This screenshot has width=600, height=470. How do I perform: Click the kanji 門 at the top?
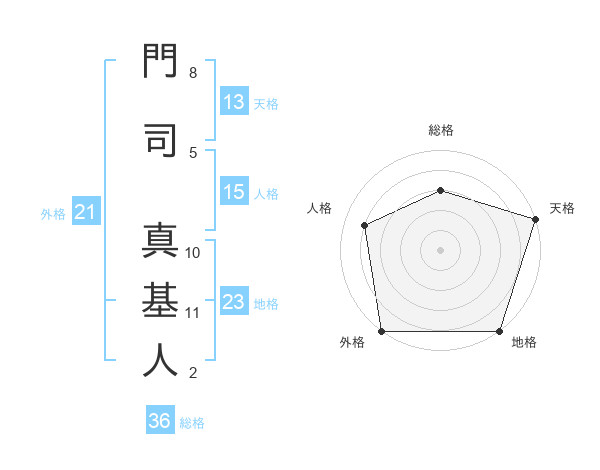point(160,60)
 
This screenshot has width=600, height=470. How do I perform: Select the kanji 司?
point(160,140)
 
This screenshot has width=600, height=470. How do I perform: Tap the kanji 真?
point(160,240)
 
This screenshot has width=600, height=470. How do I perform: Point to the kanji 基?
point(160,300)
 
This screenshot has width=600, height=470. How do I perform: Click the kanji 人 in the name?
point(160,360)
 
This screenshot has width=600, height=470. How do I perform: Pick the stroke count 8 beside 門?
point(193,73)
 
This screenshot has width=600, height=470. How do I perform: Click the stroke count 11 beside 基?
point(192,313)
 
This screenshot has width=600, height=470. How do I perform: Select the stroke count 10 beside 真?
point(192,253)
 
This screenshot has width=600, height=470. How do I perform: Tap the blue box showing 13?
point(235,101)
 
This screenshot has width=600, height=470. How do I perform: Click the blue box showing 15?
point(235,191)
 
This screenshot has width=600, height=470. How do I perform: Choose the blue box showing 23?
point(235,300)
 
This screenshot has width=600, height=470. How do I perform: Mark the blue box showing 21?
point(86,211)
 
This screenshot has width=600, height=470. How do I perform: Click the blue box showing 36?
point(160,419)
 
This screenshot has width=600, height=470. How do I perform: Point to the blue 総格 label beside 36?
point(192,423)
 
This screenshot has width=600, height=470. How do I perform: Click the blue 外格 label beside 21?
point(53,214)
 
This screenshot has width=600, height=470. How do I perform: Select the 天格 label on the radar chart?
point(562,208)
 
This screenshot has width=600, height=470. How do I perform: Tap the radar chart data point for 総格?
point(440,190)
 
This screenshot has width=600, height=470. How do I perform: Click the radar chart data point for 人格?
point(364,225)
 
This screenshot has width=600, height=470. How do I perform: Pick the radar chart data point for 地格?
point(499,331)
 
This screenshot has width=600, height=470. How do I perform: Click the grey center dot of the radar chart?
point(440,250)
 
